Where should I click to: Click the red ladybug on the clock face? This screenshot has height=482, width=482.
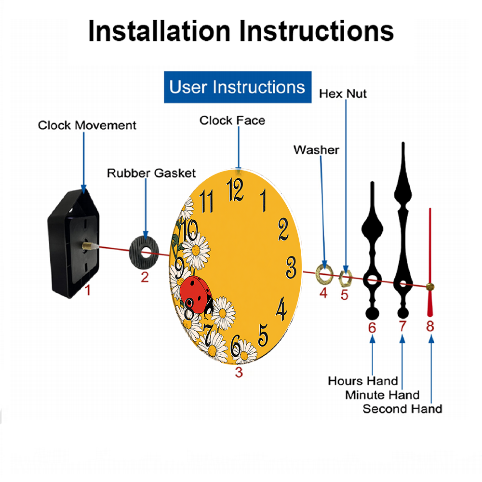pyautogui.click(x=197, y=294)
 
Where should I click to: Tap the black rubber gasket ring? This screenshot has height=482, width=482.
pyautogui.click(x=144, y=253)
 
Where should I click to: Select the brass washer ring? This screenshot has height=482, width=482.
pyautogui.click(x=324, y=273)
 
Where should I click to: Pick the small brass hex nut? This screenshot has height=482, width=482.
pyautogui.click(x=345, y=278)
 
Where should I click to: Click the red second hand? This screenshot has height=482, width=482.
pyautogui.click(x=430, y=262)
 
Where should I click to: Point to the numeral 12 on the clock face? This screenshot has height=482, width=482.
pyautogui.click(x=235, y=189)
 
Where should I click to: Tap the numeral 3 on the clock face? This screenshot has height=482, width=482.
pyautogui.click(x=291, y=267)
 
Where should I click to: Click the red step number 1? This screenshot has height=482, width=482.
pyautogui.click(x=88, y=290)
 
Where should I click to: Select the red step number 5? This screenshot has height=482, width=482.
pyautogui.click(x=344, y=295)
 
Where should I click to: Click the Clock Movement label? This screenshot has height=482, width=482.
pyautogui.click(x=87, y=125)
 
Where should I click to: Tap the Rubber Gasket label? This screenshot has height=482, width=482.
pyautogui.click(x=151, y=173)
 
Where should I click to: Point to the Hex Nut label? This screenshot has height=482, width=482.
pyautogui.click(x=343, y=94)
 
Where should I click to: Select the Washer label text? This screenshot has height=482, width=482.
pyautogui.click(x=316, y=150)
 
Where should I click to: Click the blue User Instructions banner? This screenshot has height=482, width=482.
pyautogui.click(x=238, y=87)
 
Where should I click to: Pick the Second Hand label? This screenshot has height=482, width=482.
pyautogui.click(x=402, y=409)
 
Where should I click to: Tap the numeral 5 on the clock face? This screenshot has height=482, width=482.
pyautogui.click(x=263, y=335)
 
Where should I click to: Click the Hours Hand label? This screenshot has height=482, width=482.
pyautogui.click(x=363, y=381)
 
